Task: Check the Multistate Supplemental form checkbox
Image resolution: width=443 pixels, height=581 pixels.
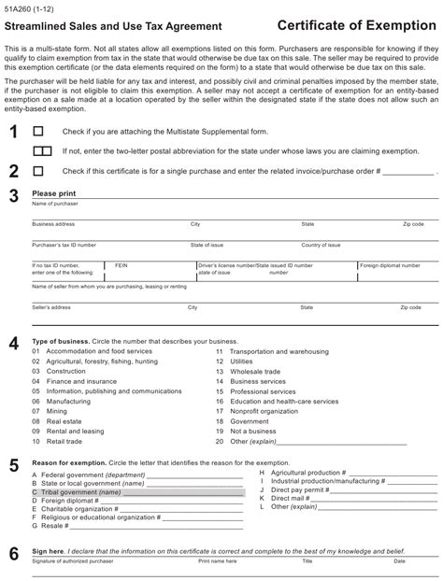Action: point(37,133)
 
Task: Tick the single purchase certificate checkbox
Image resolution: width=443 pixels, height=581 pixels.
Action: point(37,171)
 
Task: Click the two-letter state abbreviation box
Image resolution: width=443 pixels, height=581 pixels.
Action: point(42,150)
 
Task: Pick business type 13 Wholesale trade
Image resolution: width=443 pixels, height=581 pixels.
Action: point(248,371)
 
